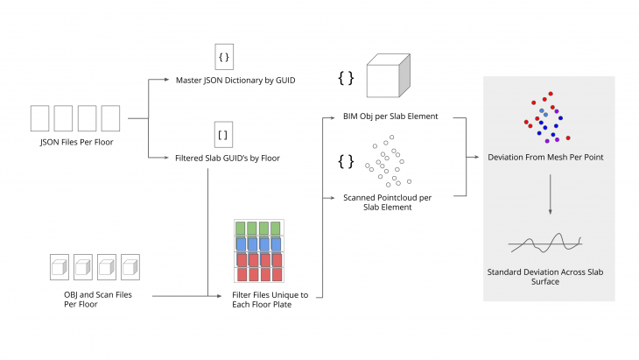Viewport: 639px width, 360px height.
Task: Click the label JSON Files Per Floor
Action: (x=75, y=141)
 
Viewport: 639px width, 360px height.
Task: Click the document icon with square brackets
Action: (x=223, y=136)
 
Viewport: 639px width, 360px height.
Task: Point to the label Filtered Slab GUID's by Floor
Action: (x=228, y=158)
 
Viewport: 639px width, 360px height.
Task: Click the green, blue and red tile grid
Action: (x=257, y=252)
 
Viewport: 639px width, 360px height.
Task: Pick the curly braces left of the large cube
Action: (x=346, y=79)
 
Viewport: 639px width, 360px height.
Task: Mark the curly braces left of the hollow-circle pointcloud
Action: (x=346, y=161)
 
